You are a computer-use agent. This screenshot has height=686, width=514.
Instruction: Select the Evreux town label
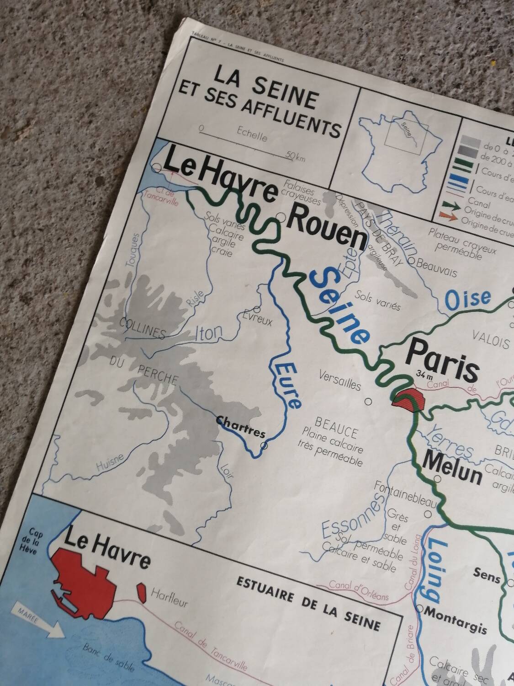tap(257, 318)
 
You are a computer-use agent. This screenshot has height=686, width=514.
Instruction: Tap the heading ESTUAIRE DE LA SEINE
tap(308, 589)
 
